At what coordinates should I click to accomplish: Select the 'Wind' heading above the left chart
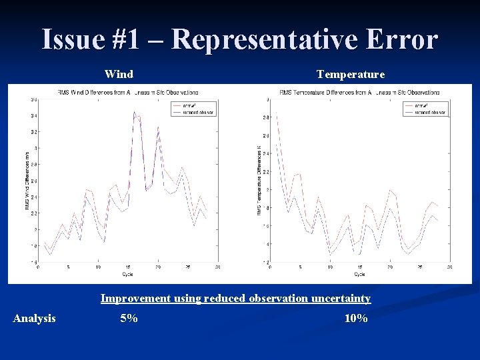pos(119,75)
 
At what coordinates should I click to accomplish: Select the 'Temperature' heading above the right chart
pos(350,75)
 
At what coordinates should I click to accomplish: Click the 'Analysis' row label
pos(35,319)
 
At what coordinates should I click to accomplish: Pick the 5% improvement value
pos(129,319)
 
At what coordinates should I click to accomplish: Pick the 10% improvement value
pos(355,319)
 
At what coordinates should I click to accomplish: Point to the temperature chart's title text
pos(359,92)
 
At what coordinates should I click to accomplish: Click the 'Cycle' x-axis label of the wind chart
pos(127,274)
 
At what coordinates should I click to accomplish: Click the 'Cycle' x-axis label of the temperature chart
pos(359,274)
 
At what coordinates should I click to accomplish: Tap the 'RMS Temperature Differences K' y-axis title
pos(259,180)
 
